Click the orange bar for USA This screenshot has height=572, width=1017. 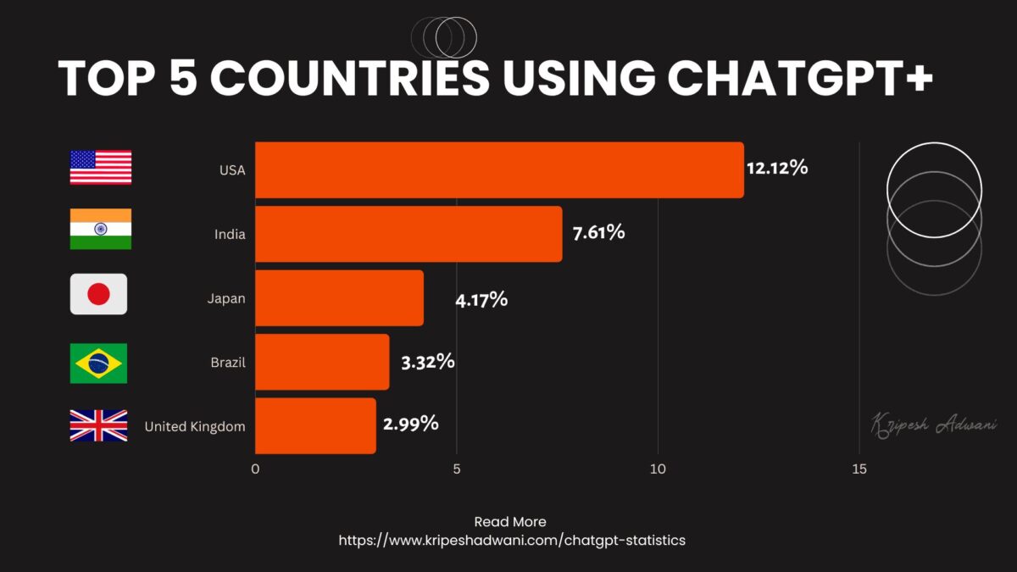tap(499, 170)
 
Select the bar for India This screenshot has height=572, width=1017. tap(408, 234)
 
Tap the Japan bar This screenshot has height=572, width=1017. tap(339, 298)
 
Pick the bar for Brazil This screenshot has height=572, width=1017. tap(322, 362)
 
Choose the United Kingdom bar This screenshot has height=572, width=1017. tap(315, 425)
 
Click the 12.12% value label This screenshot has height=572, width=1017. tap(777, 168)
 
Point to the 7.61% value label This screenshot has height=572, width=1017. tap(598, 231)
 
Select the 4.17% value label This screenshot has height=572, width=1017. tap(481, 298)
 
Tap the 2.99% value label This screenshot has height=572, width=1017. tap(411, 424)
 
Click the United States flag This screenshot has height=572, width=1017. tap(100, 167)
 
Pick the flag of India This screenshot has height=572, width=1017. tap(100, 229)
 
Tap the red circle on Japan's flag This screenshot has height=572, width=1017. tap(99, 294)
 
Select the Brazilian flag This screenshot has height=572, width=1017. tap(98, 364)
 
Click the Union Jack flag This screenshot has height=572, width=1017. tap(98, 425)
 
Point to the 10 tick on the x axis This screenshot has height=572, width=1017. tap(658, 469)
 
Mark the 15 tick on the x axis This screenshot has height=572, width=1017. tap(859, 469)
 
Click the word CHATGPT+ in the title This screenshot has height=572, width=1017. tap(800, 78)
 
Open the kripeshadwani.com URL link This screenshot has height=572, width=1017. tap(511, 540)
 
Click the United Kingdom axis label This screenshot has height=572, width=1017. tap(195, 426)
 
